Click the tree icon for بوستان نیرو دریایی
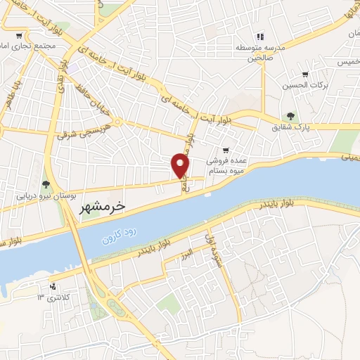(46, 185)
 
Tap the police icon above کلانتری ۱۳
(53, 286)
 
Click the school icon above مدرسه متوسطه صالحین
(259, 37)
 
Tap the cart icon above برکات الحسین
(304, 75)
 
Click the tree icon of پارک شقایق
(289, 116)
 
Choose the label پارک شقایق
(291, 127)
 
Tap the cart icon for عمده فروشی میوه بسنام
(225, 150)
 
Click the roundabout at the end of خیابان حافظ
(118, 122)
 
